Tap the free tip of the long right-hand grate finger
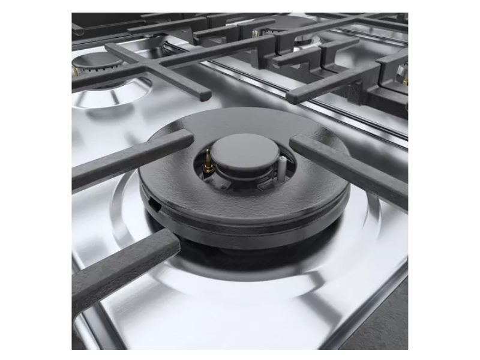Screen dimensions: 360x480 coord(294,96)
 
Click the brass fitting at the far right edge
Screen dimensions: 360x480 coord(406,78)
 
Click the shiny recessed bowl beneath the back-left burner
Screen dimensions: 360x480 coord(108,96)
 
